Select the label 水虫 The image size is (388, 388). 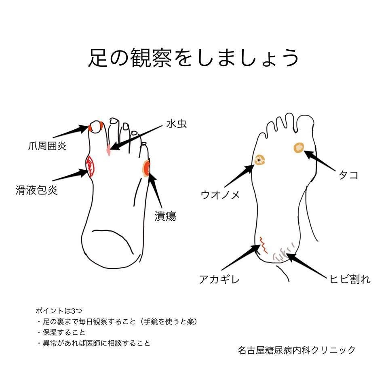176,124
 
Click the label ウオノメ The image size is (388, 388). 220,195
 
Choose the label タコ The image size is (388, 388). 348,175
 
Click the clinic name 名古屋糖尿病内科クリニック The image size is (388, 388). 297,350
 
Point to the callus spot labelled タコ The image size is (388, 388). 299,148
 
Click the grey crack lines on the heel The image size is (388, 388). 283,253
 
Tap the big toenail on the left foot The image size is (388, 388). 96,127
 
